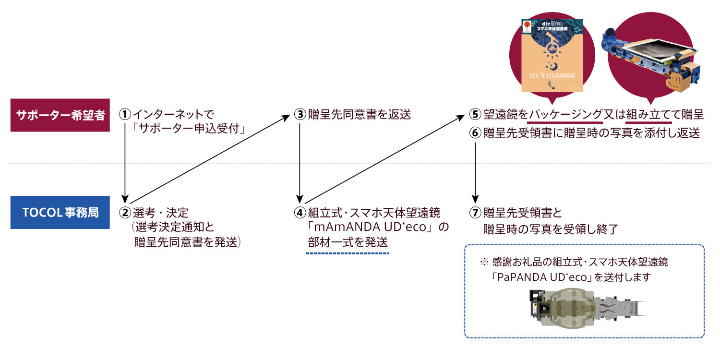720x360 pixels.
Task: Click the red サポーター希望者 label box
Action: coord(60,115)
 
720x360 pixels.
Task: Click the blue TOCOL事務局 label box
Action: coord(60,212)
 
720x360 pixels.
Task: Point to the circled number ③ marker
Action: coord(300,115)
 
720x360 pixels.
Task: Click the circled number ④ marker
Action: coord(300,212)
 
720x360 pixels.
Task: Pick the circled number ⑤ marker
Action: coord(475,115)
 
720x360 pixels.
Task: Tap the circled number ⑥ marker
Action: coord(475,133)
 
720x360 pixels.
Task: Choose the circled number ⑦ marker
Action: coord(475,212)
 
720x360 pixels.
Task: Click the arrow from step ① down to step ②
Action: coord(125,163)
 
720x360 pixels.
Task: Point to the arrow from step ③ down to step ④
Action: coord(300,163)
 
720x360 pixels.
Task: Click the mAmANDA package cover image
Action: coord(552,55)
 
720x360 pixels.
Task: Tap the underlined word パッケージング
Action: coord(565,115)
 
